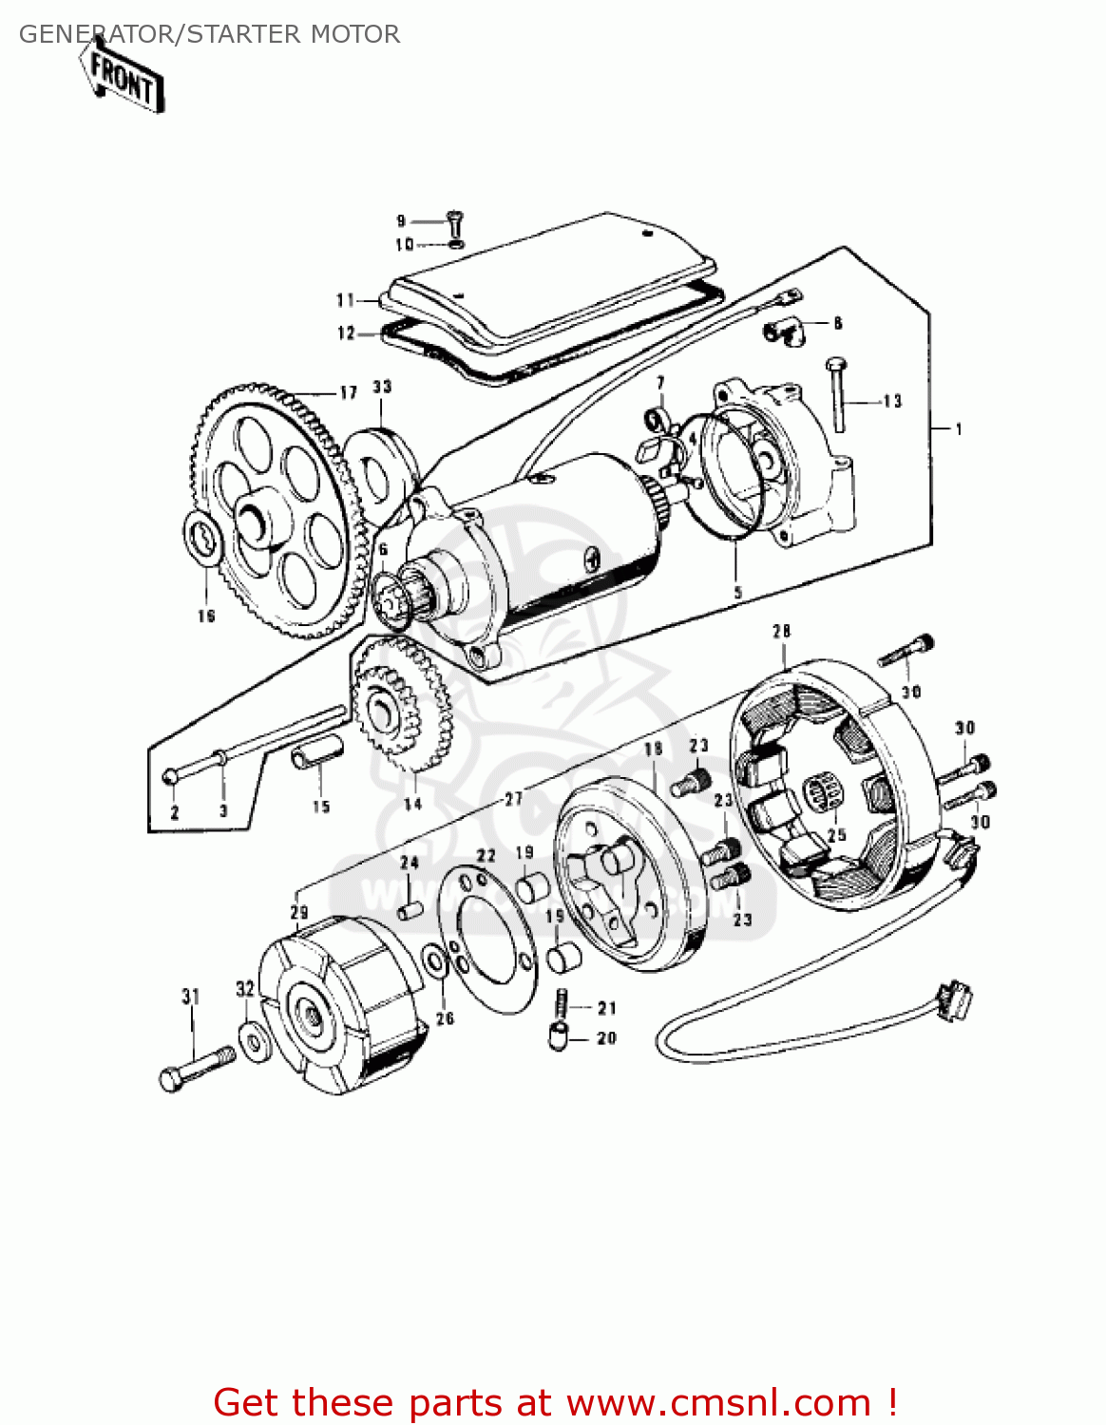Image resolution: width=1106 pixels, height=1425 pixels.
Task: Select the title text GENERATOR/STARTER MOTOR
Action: point(209,34)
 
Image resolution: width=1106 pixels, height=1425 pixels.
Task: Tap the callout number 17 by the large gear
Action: point(348,392)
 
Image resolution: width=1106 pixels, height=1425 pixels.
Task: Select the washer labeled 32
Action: point(255,1042)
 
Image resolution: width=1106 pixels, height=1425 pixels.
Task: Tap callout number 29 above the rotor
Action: point(299,912)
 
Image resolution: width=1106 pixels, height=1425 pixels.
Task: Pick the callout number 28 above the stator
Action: point(781,631)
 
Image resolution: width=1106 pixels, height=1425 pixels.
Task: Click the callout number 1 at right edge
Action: point(959,429)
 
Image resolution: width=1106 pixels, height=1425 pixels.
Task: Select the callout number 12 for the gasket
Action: point(346,332)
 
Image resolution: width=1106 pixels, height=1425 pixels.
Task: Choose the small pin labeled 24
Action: point(410,910)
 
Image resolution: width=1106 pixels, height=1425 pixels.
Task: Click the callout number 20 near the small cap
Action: point(606,1038)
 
